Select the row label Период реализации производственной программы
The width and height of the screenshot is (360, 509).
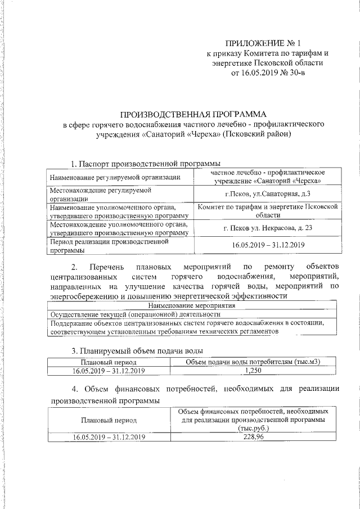[x=110, y=245]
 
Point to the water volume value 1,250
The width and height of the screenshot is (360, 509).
[x=255, y=371]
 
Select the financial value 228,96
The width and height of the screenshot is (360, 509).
[x=254, y=436]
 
